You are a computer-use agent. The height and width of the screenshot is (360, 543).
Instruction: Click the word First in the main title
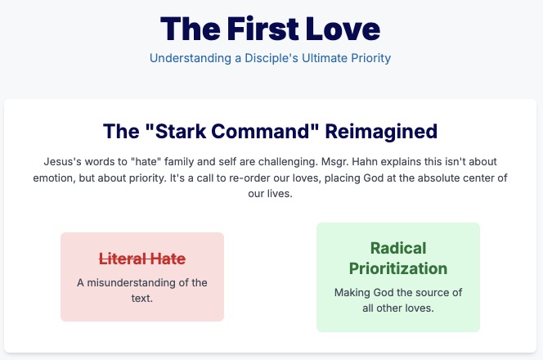(x=263, y=29)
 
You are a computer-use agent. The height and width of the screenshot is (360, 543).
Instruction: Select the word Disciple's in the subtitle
(x=271, y=58)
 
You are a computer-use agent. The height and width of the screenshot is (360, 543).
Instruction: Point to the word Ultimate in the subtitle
(x=325, y=58)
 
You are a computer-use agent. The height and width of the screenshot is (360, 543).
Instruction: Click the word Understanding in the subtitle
(x=191, y=58)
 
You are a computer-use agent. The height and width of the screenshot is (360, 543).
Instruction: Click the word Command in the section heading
(x=265, y=132)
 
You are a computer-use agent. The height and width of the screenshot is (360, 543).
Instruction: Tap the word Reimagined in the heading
(x=381, y=132)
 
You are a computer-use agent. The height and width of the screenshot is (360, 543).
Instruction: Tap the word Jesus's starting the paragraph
(x=63, y=161)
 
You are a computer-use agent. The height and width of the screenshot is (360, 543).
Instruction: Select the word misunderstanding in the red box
(x=131, y=283)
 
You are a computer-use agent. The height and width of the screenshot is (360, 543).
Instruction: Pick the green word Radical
(x=398, y=248)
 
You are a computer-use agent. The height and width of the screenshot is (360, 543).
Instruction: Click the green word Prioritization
(x=398, y=268)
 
